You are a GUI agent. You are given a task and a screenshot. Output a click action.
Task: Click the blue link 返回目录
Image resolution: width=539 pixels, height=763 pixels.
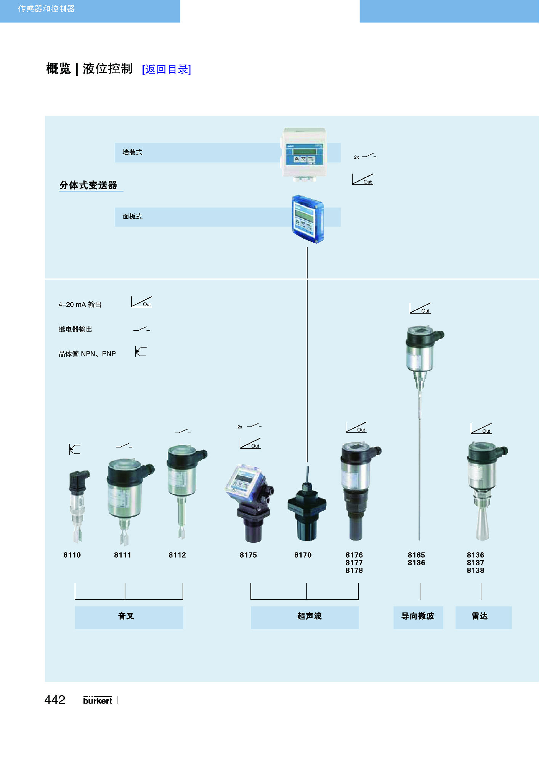[x=166, y=69]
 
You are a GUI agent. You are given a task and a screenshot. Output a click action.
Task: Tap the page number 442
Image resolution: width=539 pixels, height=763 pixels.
[x=55, y=700]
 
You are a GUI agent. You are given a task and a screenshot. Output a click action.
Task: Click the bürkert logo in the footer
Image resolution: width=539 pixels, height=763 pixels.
[x=98, y=700]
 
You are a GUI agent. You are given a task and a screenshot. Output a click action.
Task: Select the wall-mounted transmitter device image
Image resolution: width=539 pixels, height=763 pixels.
[x=304, y=154]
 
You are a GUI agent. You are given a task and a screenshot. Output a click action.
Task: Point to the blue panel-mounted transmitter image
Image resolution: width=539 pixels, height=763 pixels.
[x=308, y=219]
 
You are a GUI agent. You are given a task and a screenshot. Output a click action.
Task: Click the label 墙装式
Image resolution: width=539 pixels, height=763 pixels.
[x=132, y=152]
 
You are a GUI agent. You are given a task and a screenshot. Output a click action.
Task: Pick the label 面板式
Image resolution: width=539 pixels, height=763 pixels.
[x=132, y=216]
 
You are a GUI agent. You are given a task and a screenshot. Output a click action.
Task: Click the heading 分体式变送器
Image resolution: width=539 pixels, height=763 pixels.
[x=88, y=185]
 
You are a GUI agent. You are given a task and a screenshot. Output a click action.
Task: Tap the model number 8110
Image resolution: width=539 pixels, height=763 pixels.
[x=72, y=555]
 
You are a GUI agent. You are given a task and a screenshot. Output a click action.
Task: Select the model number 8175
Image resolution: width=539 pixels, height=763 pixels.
[x=248, y=555]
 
